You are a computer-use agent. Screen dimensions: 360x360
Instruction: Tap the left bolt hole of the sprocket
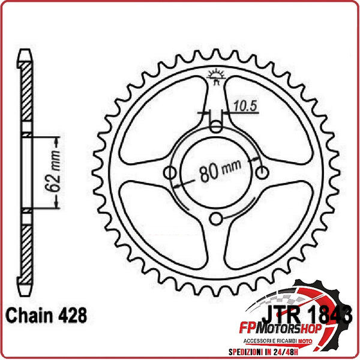[x=170, y=173]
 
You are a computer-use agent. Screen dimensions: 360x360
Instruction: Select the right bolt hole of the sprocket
[x=263, y=173]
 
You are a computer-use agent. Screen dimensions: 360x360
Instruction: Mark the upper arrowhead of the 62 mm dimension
[x=58, y=140]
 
